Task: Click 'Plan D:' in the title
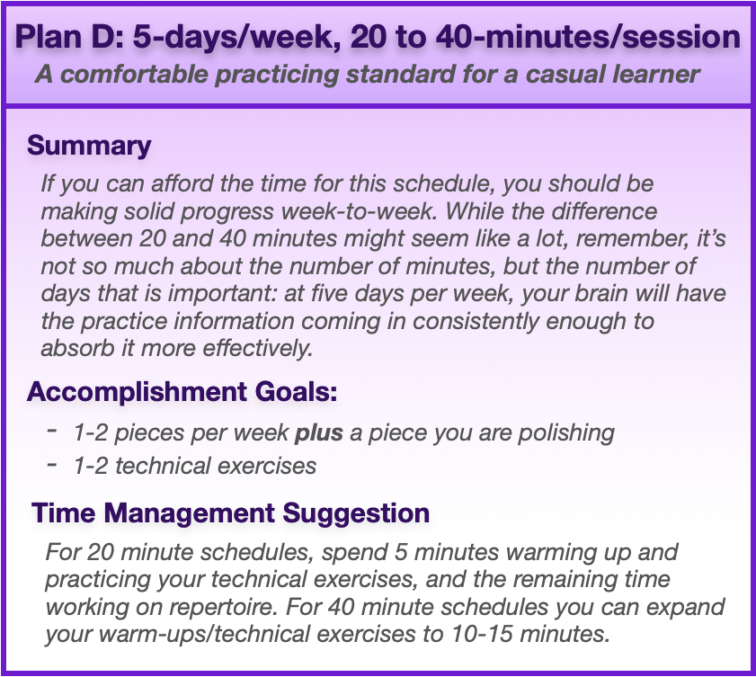(70, 37)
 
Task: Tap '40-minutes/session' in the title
(588, 37)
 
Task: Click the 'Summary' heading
(89, 146)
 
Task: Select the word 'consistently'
(476, 322)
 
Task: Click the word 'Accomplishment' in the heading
(137, 392)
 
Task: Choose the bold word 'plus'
(319, 433)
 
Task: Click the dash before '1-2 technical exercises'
(52, 465)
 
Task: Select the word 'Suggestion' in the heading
(356, 513)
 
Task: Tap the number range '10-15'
(482, 634)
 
